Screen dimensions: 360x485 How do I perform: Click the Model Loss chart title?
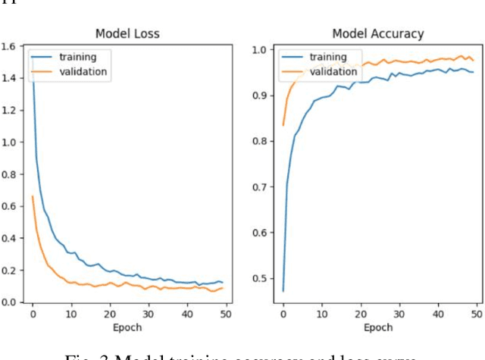pyautogui.click(x=127, y=34)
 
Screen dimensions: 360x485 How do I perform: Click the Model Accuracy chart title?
pyautogui.click(x=377, y=34)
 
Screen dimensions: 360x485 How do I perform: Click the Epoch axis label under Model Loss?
pyautogui.click(x=127, y=327)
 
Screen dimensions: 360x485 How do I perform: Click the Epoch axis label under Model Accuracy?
pyautogui.click(x=377, y=327)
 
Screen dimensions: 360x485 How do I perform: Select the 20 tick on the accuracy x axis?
pyautogui.click(x=361, y=314)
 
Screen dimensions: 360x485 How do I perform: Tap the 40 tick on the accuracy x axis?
pyautogui.click(x=438, y=314)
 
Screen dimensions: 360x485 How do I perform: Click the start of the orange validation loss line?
pyautogui.click(x=33, y=196)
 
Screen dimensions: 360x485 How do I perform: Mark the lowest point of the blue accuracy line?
pyautogui.click(x=283, y=290)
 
